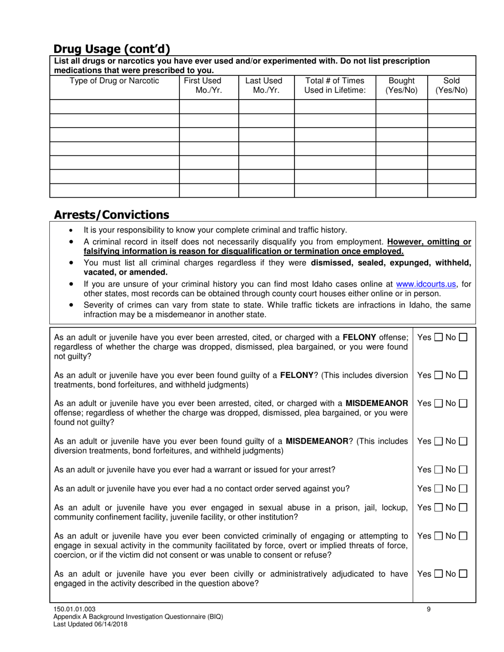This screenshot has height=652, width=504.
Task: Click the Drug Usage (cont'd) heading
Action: pos(112,49)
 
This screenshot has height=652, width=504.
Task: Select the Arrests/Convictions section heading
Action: pos(111,215)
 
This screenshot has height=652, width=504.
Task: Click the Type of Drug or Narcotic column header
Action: pos(114,81)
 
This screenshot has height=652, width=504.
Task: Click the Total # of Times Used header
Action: pos(335,85)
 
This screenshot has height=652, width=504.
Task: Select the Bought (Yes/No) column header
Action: pos(401,85)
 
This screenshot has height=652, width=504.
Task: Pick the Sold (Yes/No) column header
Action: pos(451,85)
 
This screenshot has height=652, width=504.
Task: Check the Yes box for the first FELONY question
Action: pos(439,337)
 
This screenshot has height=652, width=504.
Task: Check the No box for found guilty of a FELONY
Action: pos(463,375)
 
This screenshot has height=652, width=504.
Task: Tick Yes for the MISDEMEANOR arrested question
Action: pos(439,403)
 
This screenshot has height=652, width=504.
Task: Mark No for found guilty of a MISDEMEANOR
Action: pos(463,441)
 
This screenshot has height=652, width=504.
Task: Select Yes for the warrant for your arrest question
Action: pos(439,470)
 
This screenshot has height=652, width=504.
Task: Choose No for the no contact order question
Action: pos(463,488)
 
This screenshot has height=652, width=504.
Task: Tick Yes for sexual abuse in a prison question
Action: pos(439,507)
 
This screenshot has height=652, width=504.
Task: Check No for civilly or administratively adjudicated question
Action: pos(463,574)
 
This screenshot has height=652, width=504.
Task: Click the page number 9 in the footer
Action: pos(429,609)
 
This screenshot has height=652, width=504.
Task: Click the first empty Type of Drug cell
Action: pos(114,107)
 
